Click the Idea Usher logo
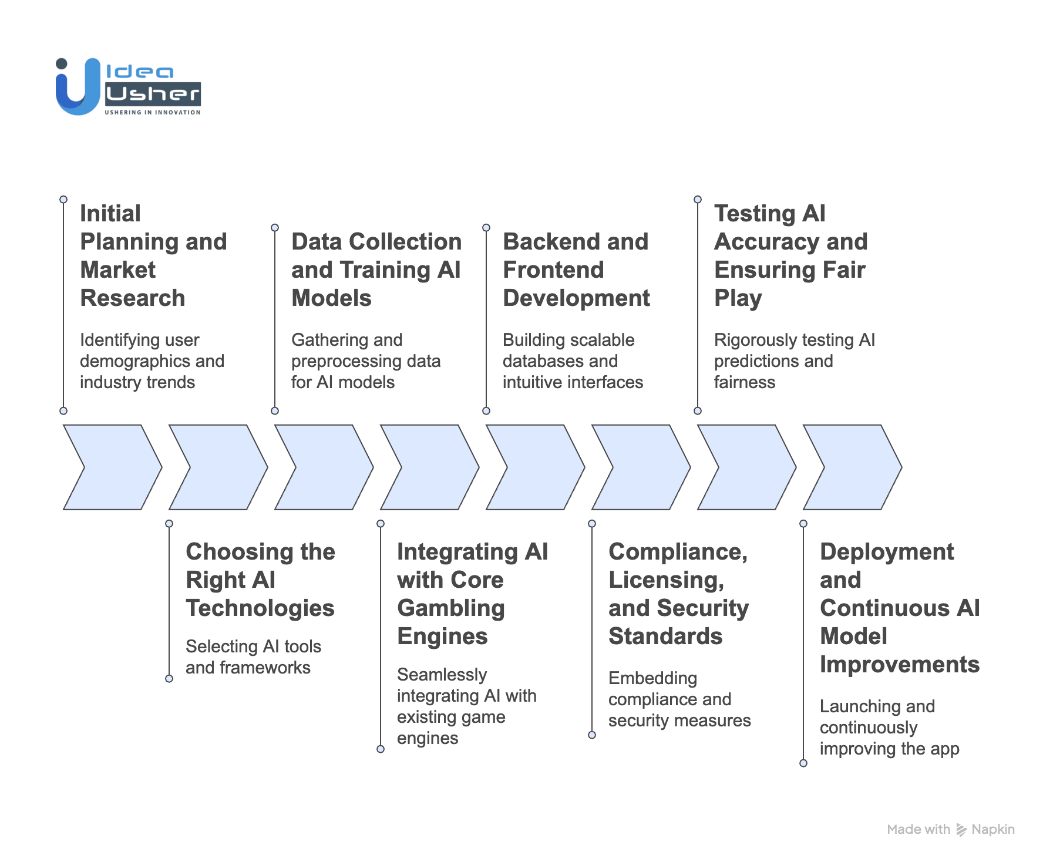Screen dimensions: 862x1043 [x=128, y=87]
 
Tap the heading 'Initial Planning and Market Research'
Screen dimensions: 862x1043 [x=153, y=255]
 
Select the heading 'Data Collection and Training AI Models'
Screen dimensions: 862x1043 [x=376, y=270]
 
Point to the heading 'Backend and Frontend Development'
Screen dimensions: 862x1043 [x=576, y=270]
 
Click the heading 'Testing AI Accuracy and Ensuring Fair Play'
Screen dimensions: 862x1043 [x=790, y=255]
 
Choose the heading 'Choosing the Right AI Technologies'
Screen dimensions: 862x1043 [x=260, y=580]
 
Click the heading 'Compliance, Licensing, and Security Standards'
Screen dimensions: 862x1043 [x=678, y=594]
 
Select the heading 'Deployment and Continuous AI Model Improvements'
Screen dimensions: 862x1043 [x=899, y=608]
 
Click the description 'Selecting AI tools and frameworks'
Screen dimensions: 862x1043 [x=253, y=657]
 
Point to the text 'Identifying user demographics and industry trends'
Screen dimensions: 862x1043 [x=152, y=361]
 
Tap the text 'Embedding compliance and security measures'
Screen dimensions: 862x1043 [x=679, y=699]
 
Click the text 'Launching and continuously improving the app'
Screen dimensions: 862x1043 [x=889, y=728]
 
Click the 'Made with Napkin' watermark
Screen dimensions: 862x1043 [x=951, y=829]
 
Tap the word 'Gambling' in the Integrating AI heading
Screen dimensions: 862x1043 [x=451, y=608]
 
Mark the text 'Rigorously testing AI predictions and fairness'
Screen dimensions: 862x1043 [x=794, y=361]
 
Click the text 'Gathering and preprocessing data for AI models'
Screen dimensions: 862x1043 [x=365, y=361]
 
